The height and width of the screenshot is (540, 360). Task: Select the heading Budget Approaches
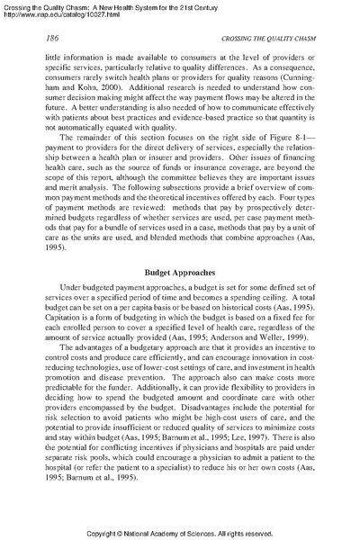pos(180,269)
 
